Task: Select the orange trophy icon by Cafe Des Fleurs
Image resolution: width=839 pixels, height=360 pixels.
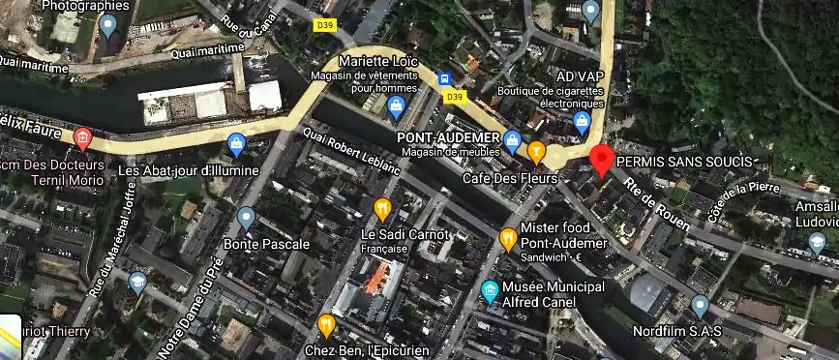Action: tap(536, 151)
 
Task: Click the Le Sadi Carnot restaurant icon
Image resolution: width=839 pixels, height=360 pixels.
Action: tap(382, 209)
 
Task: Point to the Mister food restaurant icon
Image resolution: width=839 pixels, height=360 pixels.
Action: tap(508, 237)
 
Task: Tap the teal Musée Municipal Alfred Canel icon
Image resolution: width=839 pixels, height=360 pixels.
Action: tap(491, 290)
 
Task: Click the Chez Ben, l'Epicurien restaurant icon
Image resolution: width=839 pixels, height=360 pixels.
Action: tap(326, 324)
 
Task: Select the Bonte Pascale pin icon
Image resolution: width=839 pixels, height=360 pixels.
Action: tap(247, 219)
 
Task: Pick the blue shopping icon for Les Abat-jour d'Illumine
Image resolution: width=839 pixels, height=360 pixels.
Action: tap(235, 146)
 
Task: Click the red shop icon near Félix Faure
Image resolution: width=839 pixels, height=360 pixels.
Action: tap(83, 139)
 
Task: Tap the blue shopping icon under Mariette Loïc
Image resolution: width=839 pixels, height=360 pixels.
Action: tap(396, 105)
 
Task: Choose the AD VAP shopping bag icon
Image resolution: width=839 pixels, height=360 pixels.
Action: tap(582, 122)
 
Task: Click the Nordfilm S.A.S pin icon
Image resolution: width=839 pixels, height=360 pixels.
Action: tap(701, 306)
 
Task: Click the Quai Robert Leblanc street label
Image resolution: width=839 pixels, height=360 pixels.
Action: tap(352, 151)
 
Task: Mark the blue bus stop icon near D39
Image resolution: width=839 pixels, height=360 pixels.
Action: tap(444, 78)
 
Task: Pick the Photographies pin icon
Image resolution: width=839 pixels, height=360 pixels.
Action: tap(108, 25)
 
